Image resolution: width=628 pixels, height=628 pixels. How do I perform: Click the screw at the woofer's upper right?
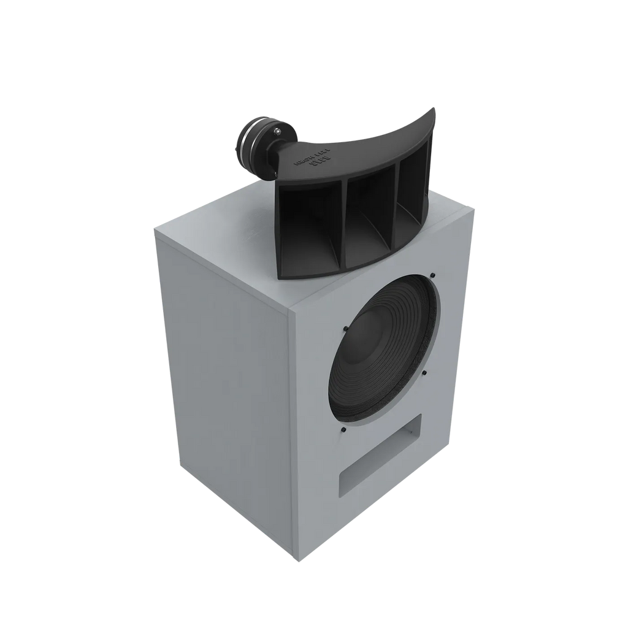coord(432,275)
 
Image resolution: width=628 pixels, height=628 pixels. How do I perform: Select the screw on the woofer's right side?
coord(423,372)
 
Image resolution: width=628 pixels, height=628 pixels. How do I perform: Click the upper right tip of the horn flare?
coord(434,109)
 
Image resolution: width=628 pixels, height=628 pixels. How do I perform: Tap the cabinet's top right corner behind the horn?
coord(475,209)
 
